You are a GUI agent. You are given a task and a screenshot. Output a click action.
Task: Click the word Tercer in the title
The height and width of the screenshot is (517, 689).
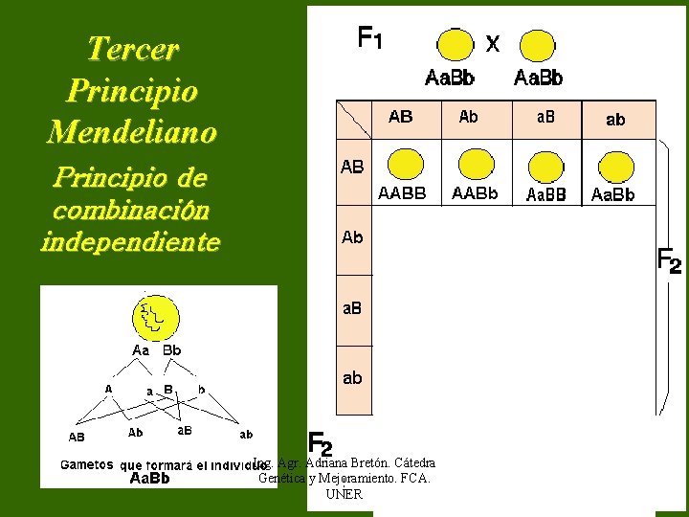132,49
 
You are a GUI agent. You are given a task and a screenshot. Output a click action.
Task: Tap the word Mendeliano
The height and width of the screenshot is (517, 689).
132,131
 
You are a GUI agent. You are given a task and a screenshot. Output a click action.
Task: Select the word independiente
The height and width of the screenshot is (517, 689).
130,242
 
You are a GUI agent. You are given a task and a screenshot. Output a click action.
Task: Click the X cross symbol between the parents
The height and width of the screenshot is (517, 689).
492,43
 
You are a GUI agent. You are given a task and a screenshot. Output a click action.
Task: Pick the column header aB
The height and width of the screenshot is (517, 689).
545,117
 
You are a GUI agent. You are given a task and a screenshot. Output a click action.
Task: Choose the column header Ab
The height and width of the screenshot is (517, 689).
469,117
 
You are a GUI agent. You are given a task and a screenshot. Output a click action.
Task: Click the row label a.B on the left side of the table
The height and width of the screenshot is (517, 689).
352,308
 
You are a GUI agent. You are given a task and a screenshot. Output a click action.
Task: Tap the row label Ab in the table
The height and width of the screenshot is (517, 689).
352,237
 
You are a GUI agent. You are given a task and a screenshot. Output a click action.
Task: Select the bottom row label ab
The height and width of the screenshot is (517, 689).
352,378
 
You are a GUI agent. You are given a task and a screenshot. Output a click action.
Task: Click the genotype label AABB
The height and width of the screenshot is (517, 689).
402,193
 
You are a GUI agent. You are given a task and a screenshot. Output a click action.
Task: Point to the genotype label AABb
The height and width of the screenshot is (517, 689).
475,193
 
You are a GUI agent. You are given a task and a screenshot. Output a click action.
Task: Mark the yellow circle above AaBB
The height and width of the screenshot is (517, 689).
546,165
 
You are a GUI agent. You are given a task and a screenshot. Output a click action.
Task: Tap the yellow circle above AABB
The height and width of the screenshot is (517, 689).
407,165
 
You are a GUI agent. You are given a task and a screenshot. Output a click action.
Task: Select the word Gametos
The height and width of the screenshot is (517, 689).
89,465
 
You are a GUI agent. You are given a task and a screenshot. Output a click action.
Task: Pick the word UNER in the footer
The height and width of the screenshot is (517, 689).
344,494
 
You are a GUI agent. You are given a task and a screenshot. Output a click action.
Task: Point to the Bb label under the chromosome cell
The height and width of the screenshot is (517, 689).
171,350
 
